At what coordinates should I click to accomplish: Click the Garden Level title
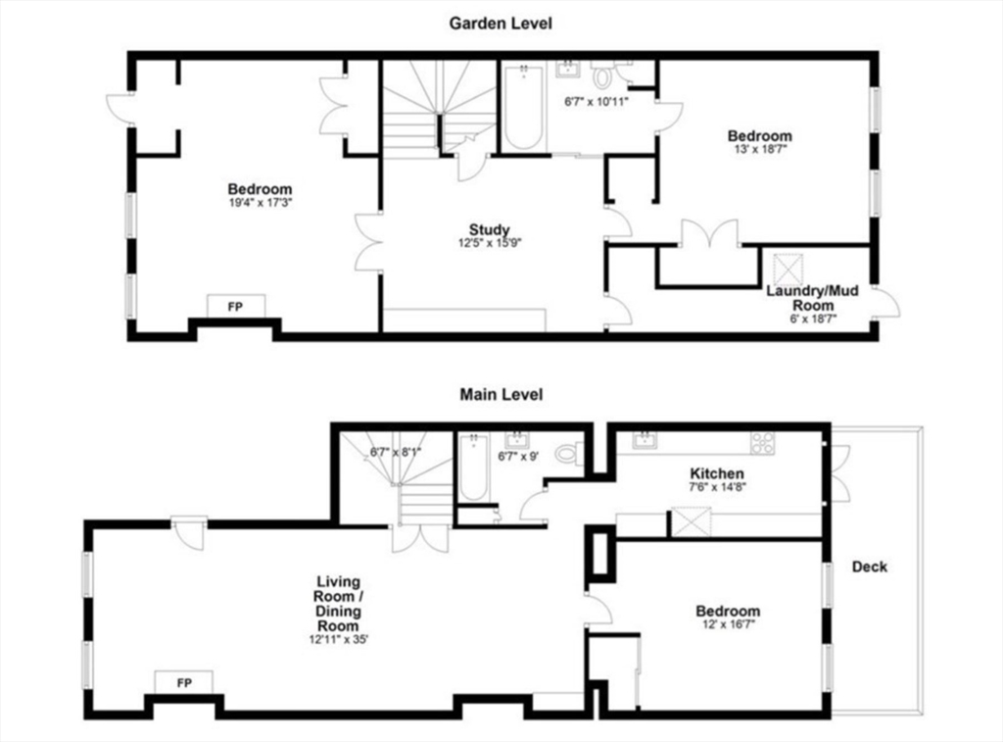pos(501,24)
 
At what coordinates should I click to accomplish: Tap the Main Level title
pos(501,394)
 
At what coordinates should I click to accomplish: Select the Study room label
pos(490,229)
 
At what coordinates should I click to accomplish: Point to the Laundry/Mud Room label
pos(812,298)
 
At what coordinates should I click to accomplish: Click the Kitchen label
pos(716,473)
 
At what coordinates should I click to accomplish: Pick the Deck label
pos(870,567)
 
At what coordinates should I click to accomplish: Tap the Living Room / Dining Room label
pos(338,604)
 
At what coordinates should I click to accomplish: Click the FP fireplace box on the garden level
pos(235,306)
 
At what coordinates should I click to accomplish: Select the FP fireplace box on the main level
pos(184,682)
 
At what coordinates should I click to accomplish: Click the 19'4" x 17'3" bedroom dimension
pos(260,203)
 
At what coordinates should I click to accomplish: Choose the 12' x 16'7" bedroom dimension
pos(729,624)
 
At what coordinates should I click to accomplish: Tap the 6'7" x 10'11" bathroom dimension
pos(597,101)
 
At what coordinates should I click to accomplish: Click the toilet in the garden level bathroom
pos(601,74)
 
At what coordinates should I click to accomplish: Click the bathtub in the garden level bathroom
pos(524,107)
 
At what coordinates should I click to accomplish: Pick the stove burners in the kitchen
pos(762,443)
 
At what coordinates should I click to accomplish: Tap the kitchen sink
pos(644,440)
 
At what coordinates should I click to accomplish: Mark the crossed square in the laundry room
pos(788,270)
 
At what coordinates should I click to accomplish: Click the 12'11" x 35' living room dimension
pos(338,639)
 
